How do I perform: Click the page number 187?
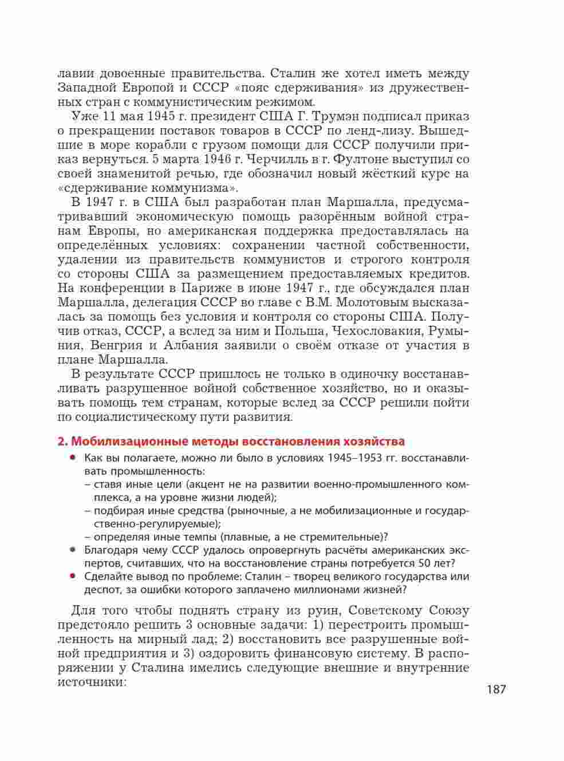(x=496, y=689)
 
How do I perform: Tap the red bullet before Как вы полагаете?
(x=73, y=458)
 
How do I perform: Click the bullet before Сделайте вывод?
(x=73, y=576)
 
